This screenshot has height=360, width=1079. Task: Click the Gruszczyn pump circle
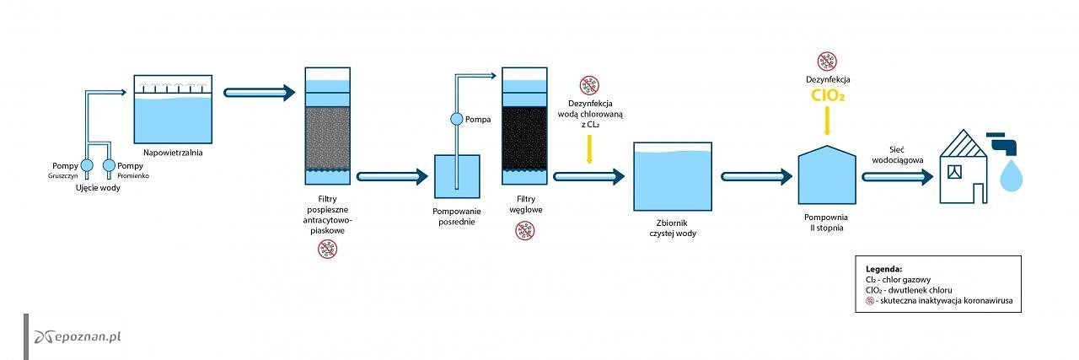(87, 165)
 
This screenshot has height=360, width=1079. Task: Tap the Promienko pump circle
(110, 165)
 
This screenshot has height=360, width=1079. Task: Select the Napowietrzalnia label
(173, 153)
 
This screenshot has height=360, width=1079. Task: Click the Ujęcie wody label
(98, 187)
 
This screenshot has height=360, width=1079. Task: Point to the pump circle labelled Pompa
(457, 119)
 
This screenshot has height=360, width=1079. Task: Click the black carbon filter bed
(524, 137)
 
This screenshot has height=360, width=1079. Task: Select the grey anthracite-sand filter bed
(328, 137)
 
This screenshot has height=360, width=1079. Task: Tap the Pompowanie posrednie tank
(457, 176)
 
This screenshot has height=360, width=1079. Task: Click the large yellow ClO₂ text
(828, 95)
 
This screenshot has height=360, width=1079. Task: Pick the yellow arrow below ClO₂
(827, 121)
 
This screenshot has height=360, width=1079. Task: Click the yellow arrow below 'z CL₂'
(589, 149)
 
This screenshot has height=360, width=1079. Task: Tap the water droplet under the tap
(1011, 176)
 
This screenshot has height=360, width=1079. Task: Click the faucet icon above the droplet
(1002, 144)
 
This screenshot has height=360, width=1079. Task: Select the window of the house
(954, 171)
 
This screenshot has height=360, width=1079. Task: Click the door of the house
(979, 193)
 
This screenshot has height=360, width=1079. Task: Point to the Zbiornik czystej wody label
(673, 228)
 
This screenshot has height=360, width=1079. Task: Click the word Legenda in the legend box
(883, 269)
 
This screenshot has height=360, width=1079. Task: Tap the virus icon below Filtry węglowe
(524, 230)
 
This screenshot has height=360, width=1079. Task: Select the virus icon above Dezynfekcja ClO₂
(827, 62)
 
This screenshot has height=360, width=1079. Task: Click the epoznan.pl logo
(78, 336)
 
